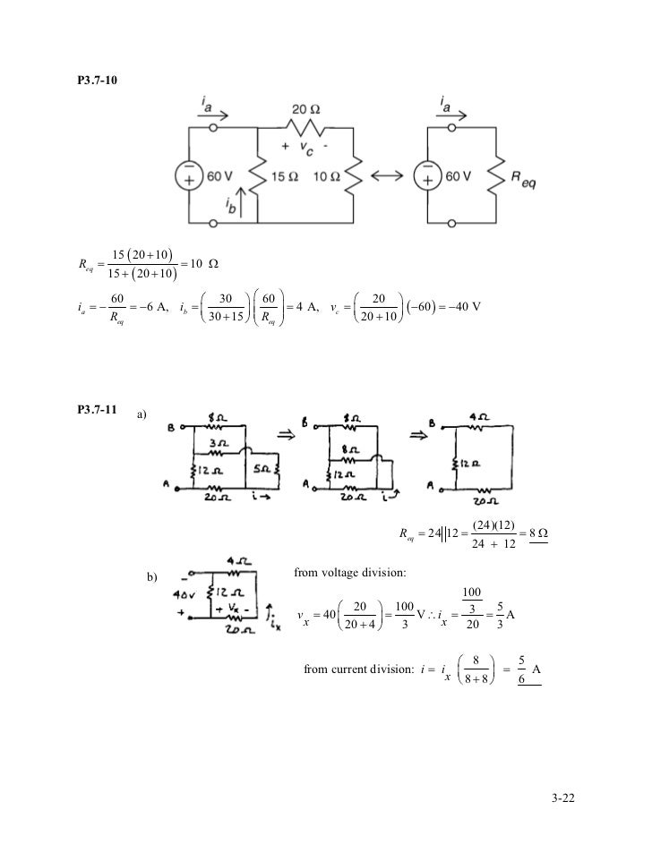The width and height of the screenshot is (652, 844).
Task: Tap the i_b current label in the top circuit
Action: (x=229, y=205)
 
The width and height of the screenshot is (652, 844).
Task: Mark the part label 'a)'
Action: (x=143, y=415)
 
